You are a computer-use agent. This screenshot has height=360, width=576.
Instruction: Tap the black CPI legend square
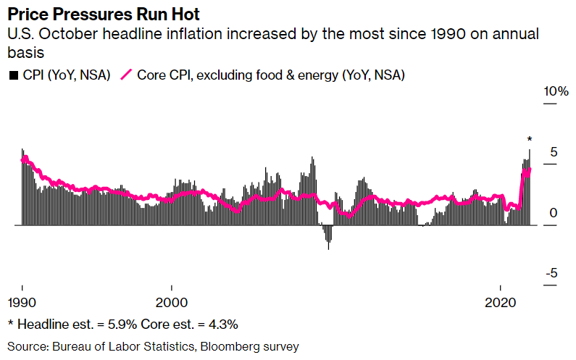pyautogui.click(x=13, y=75)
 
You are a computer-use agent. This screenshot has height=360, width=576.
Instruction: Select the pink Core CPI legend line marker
pyautogui.click(x=128, y=75)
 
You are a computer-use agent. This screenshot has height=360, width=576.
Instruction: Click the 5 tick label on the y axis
pyautogui.click(x=554, y=152)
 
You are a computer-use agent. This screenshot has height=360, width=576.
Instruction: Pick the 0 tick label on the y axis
pyautogui.click(x=554, y=213)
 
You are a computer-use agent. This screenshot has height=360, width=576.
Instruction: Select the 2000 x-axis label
pyautogui.click(x=171, y=301)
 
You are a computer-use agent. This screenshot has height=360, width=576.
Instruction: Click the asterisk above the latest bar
pyautogui.click(x=530, y=140)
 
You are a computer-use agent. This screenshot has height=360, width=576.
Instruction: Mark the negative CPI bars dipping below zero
pyautogui.click(x=328, y=236)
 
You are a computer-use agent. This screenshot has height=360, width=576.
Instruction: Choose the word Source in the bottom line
pyautogui.click(x=28, y=346)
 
